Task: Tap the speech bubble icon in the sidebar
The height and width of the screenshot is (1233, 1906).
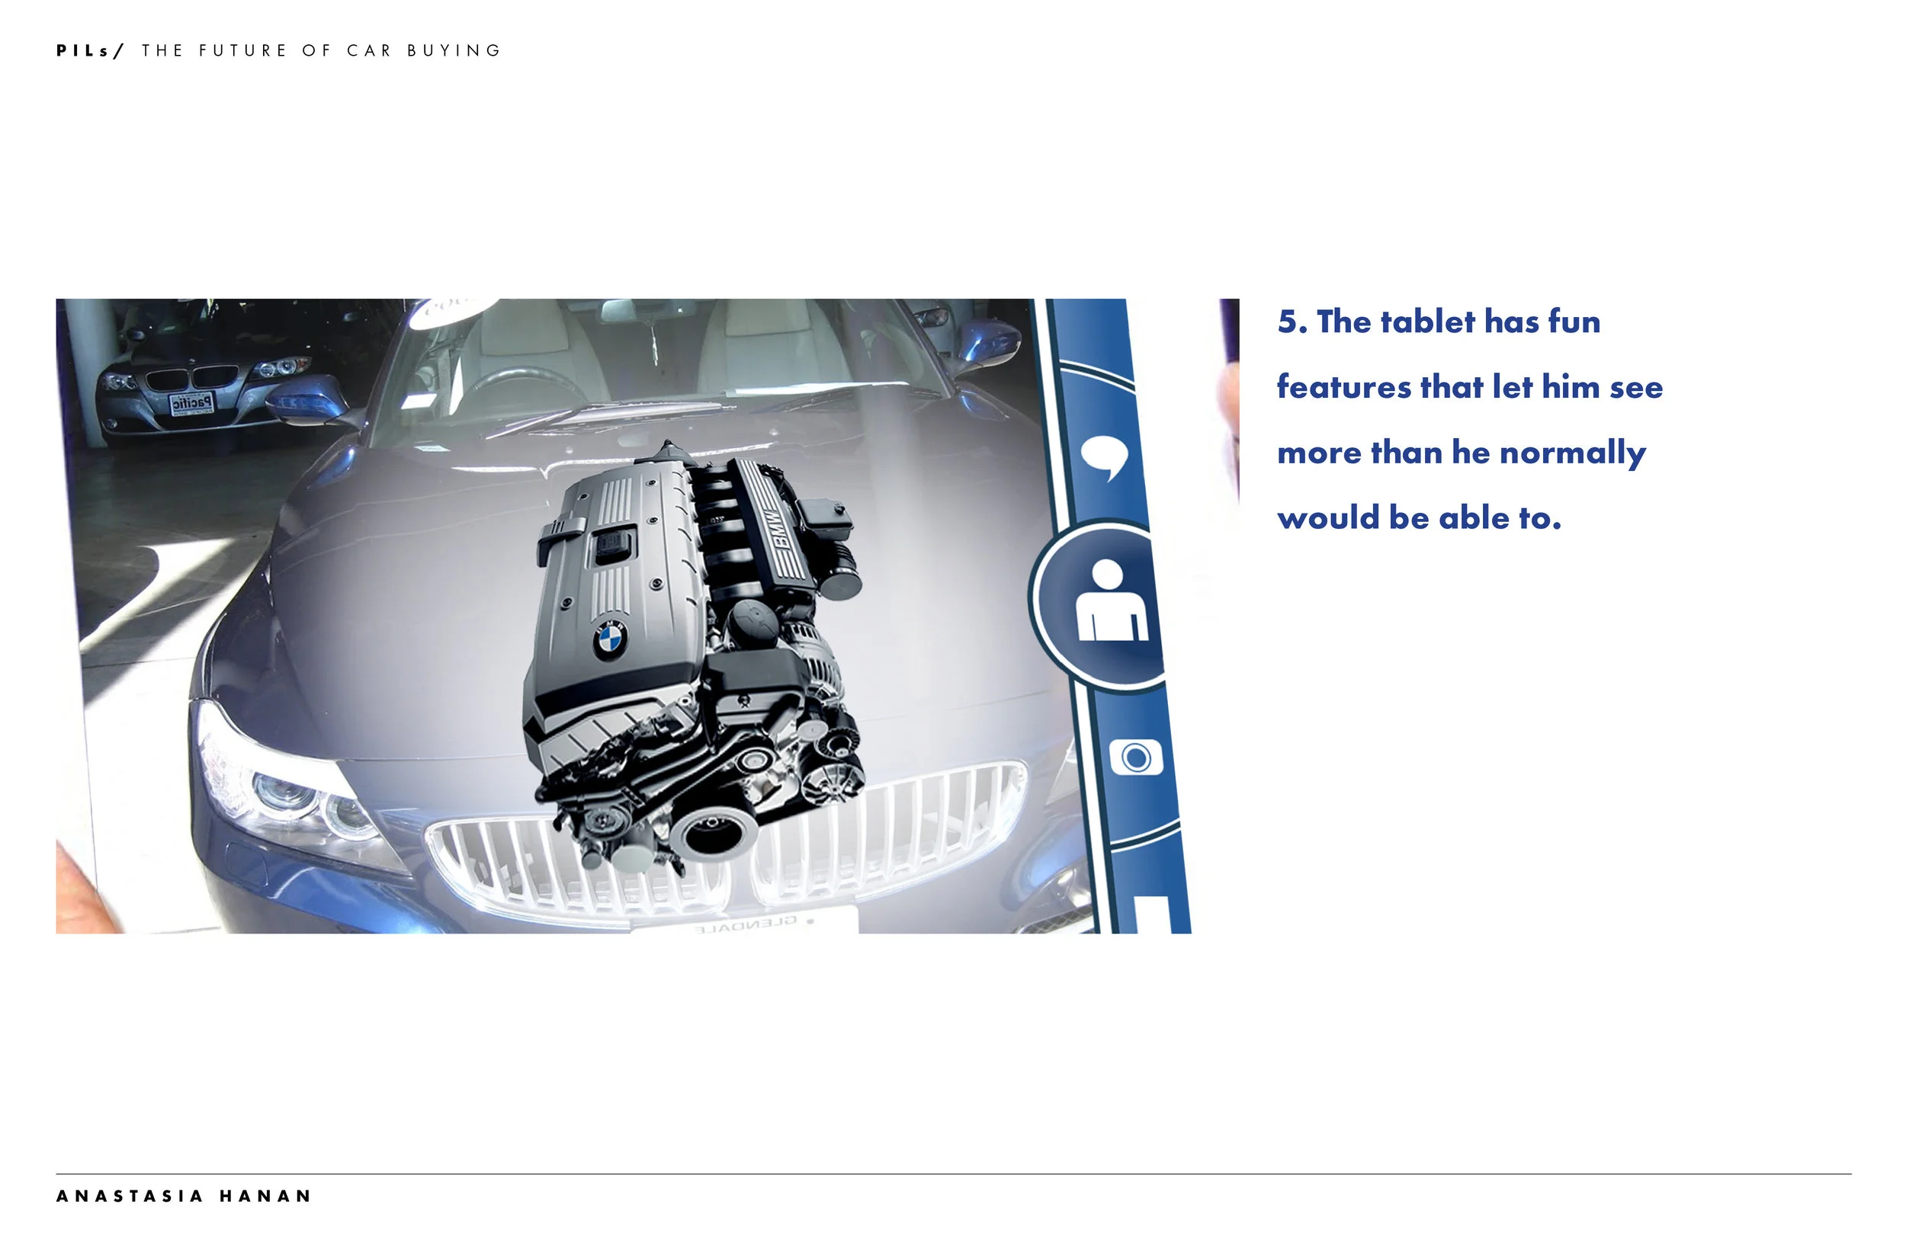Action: [x=1105, y=457]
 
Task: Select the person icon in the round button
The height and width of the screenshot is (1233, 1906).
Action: [x=1112, y=600]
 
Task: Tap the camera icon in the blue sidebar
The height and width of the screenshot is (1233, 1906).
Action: [x=1135, y=757]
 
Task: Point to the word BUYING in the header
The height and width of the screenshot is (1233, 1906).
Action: [x=454, y=50]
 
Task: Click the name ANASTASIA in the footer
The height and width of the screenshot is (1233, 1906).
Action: [x=130, y=1196]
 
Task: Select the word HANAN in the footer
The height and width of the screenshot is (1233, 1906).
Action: [x=265, y=1196]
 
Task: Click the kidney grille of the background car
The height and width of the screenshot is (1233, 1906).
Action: [x=192, y=377]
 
